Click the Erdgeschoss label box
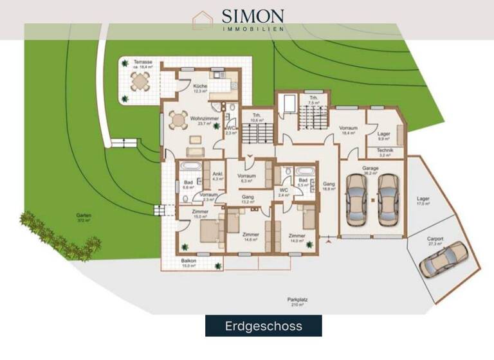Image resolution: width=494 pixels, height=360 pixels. click(264, 326)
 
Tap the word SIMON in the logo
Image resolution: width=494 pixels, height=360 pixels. click(253, 15)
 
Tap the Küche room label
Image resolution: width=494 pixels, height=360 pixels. click(201, 88)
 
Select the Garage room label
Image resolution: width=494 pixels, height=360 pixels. click(370, 170)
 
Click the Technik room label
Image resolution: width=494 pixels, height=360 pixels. click(385, 153)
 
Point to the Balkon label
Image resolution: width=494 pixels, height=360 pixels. click(188, 262)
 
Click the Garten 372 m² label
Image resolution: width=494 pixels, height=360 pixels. click(83, 217)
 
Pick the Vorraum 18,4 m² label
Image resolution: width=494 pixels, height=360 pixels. click(348, 130)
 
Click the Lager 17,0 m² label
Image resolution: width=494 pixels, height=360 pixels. click(423, 201)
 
